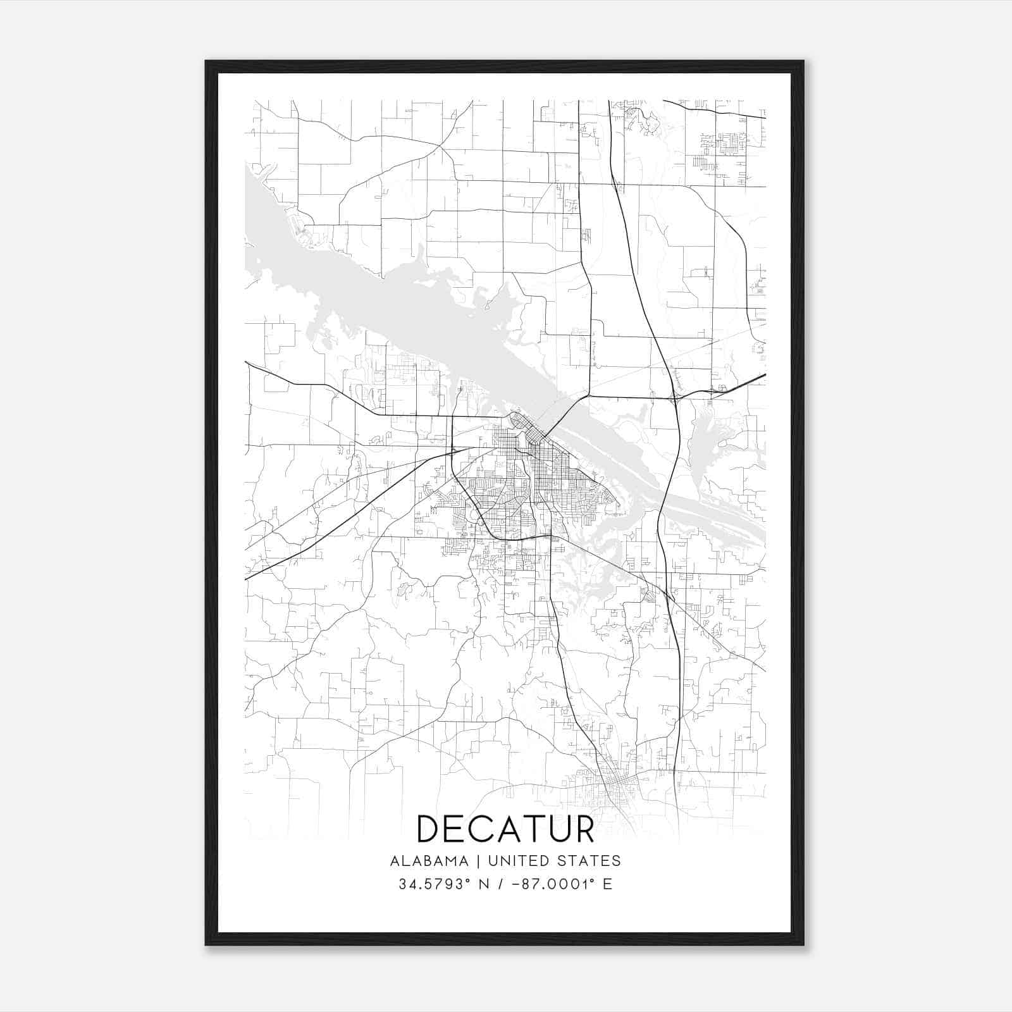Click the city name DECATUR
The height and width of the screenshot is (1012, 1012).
[506, 829]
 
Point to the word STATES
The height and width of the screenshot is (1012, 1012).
[590, 861]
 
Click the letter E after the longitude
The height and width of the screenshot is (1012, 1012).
[607, 884]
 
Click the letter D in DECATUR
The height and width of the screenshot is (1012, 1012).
[430, 829]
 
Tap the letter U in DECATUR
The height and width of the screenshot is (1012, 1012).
[557, 829]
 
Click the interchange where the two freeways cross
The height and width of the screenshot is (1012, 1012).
[674, 398]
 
